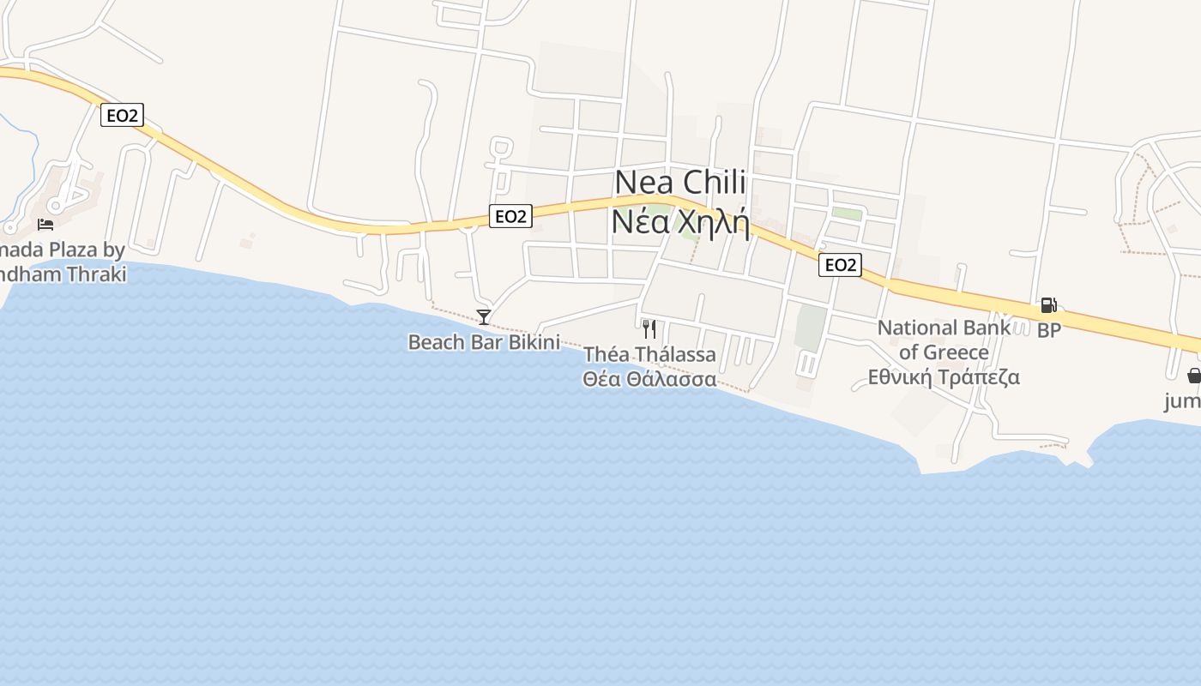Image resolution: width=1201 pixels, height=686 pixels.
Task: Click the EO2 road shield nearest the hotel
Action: (x=122, y=115)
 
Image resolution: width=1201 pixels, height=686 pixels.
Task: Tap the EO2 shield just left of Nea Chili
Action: (x=510, y=216)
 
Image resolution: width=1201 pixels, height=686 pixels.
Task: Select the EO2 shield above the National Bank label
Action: (x=840, y=265)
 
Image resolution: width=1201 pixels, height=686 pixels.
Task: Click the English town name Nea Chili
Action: (x=680, y=183)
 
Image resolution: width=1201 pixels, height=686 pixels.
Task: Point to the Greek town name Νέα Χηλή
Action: (x=680, y=222)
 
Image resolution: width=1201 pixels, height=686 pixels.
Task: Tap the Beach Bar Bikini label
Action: (x=484, y=342)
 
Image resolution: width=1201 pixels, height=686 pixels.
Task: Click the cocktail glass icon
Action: (x=484, y=317)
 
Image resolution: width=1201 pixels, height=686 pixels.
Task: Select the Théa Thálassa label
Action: (x=649, y=354)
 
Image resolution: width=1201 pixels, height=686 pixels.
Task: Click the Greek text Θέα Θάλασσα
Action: (x=649, y=379)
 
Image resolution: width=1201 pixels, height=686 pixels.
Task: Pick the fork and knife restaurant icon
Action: (x=649, y=328)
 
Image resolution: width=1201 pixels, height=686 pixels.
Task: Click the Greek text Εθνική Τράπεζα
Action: (x=944, y=377)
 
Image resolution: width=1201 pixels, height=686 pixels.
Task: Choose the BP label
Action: (x=1049, y=330)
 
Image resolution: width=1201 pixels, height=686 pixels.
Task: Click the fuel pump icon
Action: (x=1048, y=304)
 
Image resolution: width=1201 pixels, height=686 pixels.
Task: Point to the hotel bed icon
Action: (x=45, y=224)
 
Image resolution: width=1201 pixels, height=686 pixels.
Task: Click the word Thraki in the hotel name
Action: (x=97, y=274)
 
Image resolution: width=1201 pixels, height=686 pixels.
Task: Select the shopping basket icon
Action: (x=1193, y=376)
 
